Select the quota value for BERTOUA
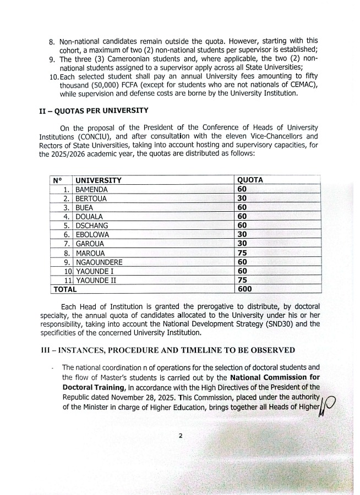coord(242,198)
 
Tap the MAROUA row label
coord(90,253)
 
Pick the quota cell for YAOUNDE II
coord(242,280)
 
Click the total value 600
coord(244,289)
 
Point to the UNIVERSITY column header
coord(98,180)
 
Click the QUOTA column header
coord(249,180)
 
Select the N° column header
coord(57,180)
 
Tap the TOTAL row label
coord(64,289)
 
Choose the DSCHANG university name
coord(91,226)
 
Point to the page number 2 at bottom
coord(180,436)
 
